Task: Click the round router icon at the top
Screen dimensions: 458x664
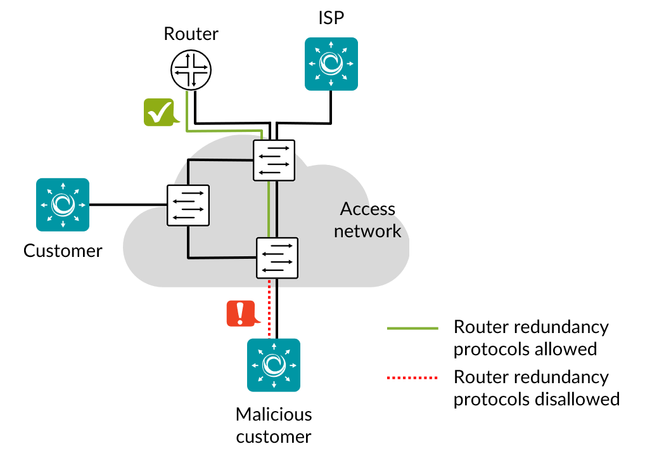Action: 191,70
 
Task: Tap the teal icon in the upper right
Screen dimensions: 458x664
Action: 331,63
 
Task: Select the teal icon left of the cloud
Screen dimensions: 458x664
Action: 63,204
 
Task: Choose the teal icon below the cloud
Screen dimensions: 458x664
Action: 274,365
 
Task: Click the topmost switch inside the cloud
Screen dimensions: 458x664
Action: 274,160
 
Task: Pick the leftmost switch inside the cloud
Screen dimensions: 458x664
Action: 188,205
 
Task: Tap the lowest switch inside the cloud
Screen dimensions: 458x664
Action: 277,258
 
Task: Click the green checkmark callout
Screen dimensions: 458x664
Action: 159,112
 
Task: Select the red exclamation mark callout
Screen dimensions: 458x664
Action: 241,313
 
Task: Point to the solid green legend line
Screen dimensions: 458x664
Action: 412,328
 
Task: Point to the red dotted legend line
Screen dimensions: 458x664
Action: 412,377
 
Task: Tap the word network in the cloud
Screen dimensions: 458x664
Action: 367,231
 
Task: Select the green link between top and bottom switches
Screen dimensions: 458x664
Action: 269,209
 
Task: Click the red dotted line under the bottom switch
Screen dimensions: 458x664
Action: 269,309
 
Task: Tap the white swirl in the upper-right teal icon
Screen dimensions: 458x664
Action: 331,63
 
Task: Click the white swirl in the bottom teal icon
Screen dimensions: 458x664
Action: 274,365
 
